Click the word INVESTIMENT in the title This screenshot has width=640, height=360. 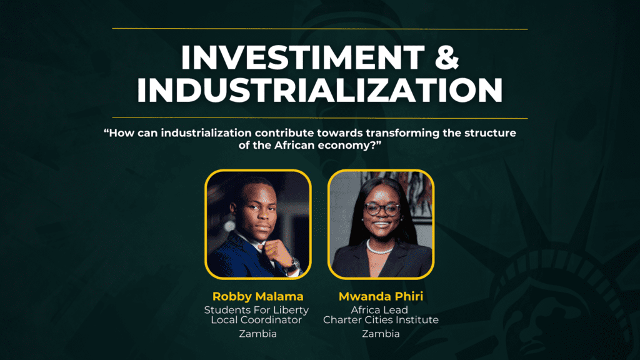pyautogui.click(x=303, y=57)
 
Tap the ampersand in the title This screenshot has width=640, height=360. pyautogui.click(x=447, y=57)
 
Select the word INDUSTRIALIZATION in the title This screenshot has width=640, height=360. pyautogui.click(x=319, y=90)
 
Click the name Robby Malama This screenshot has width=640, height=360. pyautogui.click(x=258, y=296)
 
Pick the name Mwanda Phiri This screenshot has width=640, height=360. pyautogui.click(x=381, y=296)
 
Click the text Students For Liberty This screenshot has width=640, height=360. pyautogui.click(x=256, y=310)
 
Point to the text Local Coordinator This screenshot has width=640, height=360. pyautogui.click(x=256, y=320)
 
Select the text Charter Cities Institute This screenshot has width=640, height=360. pyautogui.click(x=381, y=320)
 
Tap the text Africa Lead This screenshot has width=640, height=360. pyautogui.click(x=379, y=310)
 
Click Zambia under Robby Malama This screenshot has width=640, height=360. pyautogui.click(x=258, y=334)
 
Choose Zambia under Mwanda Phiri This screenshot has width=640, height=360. pyautogui.click(x=381, y=334)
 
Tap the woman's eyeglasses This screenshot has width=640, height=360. pyautogui.click(x=382, y=209)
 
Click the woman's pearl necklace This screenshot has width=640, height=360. pyautogui.click(x=380, y=247)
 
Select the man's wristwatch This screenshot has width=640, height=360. pyautogui.click(x=292, y=265)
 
